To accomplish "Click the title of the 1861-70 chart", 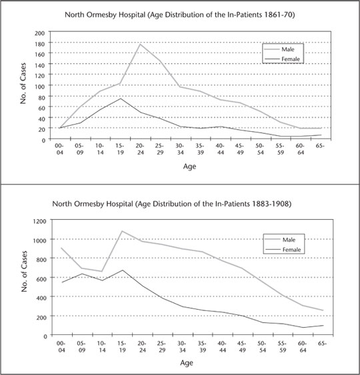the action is click(180, 15).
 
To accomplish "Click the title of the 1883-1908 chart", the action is click(172, 204).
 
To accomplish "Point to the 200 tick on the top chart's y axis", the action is click(40, 33).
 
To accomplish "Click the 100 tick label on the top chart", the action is click(40, 87).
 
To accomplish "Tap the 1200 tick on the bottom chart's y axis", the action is click(39, 221).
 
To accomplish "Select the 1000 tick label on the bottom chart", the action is click(39, 240).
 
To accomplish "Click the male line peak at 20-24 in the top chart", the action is click(140, 44).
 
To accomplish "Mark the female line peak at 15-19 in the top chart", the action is click(121, 99).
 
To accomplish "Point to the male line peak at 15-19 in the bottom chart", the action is click(122, 231).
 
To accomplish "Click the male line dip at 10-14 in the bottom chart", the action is click(102, 272).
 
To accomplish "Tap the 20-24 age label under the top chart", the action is click(140, 149).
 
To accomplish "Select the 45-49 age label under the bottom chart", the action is click(242, 346).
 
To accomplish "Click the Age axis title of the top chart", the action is click(189, 167).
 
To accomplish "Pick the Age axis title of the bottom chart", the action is click(187, 363).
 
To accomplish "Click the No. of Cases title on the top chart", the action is click(23, 83).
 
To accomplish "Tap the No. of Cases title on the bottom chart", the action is click(24, 271).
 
